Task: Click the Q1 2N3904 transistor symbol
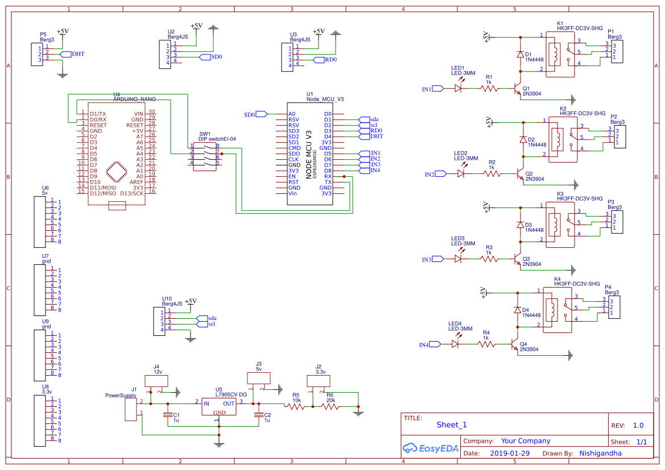[x=518, y=90]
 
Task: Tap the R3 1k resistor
[x=489, y=259]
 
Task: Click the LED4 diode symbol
[x=456, y=344]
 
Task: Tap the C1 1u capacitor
[x=168, y=415]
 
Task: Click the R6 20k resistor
[x=330, y=406]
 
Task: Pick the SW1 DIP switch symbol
[x=205, y=155]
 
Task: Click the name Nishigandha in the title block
[x=600, y=454]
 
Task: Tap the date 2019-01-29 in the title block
[x=509, y=454]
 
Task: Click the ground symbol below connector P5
[x=63, y=74]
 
